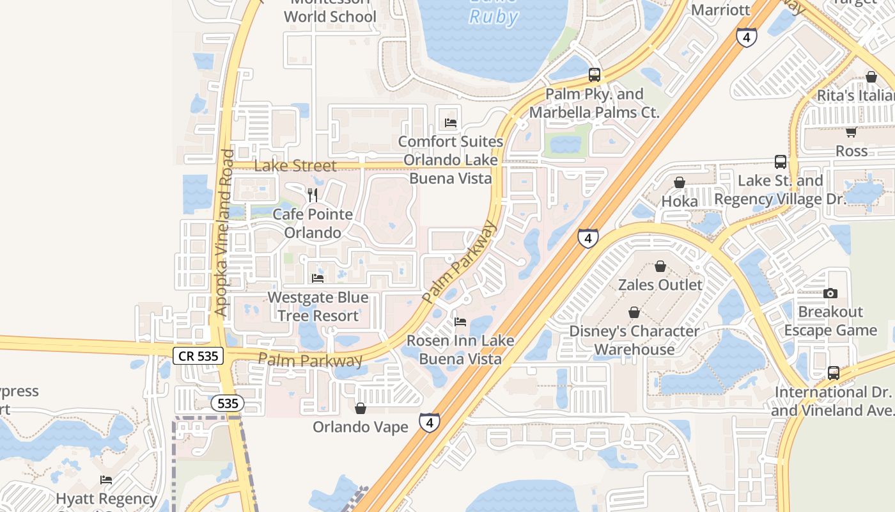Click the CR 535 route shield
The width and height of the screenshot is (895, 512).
pyautogui.click(x=198, y=356)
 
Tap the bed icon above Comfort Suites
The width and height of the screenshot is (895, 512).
pyautogui.click(x=451, y=123)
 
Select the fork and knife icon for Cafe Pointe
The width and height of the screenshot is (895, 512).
pyautogui.click(x=313, y=195)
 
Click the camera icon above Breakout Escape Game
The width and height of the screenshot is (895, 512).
pyautogui.click(x=830, y=293)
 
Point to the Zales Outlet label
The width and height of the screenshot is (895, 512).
pyautogui.click(x=660, y=285)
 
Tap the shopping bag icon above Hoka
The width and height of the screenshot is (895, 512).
pyautogui.click(x=680, y=182)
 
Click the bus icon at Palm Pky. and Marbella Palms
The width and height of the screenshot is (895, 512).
pyautogui.click(x=595, y=75)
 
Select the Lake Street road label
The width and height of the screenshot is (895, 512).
pyautogui.click(x=295, y=166)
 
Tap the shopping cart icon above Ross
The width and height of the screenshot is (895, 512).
pyautogui.click(x=851, y=132)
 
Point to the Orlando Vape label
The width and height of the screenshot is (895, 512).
pyautogui.click(x=360, y=427)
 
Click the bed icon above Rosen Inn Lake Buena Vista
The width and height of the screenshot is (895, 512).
pyautogui.click(x=460, y=321)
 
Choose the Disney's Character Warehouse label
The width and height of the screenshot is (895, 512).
pyautogui.click(x=634, y=340)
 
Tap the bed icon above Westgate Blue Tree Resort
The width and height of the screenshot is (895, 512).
pyautogui.click(x=318, y=278)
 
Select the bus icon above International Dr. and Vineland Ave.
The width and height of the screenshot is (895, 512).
pyautogui.click(x=834, y=372)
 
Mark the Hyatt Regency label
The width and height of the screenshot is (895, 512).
pyautogui.click(x=106, y=499)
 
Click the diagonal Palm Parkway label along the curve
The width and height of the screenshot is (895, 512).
pyautogui.click(x=459, y=262)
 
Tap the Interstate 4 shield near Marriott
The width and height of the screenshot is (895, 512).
pyautogui.click(x=746, y=37)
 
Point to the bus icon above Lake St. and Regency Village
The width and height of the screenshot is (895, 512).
pyautogui.click(x=781, y=161)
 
